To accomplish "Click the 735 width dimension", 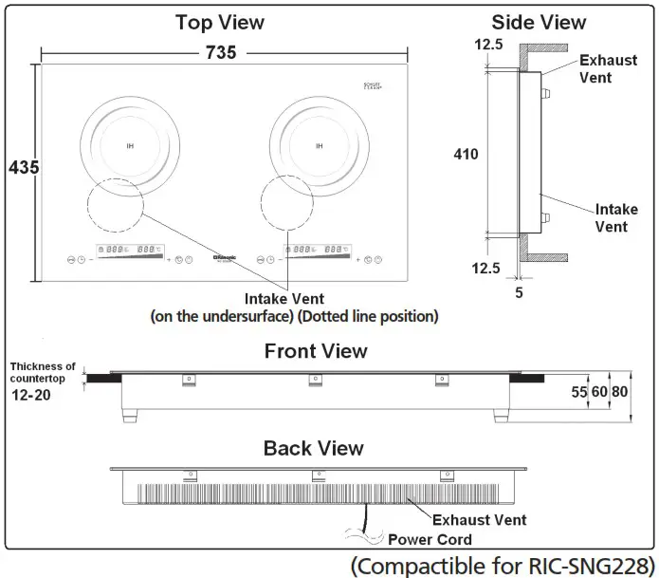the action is [x=220, y=52].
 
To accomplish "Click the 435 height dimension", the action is [x=19, y=167].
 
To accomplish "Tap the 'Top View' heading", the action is [x=220, y=21].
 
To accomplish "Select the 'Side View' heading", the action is [x=538, y=21].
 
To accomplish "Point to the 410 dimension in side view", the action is [x=465, y=154].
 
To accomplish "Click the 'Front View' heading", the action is [x=316, y=351].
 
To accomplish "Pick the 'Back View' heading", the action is [x=313, y=448].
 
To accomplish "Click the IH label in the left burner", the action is [x=129, y=146].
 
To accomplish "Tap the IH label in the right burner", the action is [x=319, y=146].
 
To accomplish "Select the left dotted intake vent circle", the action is [x=114, y=203].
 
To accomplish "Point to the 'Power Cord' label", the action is [x=430, y=540].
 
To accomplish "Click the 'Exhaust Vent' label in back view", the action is [x=479, y=520].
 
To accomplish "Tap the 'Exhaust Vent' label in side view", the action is [x=608, y=68].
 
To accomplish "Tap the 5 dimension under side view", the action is [x=520, y=292].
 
